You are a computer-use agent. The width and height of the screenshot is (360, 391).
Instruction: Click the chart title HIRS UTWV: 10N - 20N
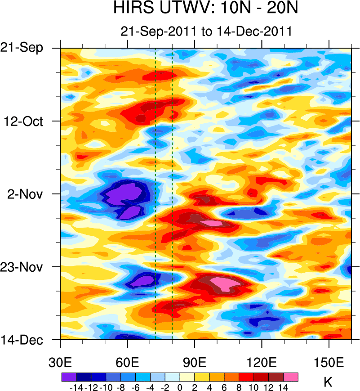(x=206, y=9)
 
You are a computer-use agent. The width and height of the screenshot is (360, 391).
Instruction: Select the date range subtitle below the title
(x=206, y=31)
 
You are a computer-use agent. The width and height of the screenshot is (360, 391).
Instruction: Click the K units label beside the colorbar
(x=328, y=383)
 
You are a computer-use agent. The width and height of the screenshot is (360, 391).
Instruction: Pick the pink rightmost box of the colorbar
(x=291, y=377)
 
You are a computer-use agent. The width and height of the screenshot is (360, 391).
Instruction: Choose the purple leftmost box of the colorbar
(x=68, y=377)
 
